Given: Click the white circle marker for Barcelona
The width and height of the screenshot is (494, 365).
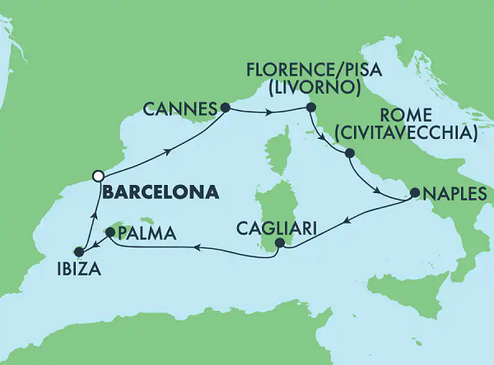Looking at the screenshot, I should tap(98, 175).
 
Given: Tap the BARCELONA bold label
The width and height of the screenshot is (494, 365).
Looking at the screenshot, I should tap(161, 193).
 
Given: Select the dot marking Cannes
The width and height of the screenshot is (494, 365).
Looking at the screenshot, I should tap(223, 107).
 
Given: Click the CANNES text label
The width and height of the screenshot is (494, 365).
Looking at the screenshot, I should tap(179, 109).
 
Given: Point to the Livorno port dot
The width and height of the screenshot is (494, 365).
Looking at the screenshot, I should tap(310, 108).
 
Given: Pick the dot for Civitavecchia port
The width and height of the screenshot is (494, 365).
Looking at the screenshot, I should tap(350, 154).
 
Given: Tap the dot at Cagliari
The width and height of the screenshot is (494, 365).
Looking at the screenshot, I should tap(280, 243).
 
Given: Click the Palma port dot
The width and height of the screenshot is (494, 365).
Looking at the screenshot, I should tap(110, 233).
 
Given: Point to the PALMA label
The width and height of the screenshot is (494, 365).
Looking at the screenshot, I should tap(148, 234).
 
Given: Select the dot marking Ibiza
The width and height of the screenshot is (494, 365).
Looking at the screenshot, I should tap(79, 252).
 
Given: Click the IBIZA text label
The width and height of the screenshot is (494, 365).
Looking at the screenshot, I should tap(76, 270).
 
